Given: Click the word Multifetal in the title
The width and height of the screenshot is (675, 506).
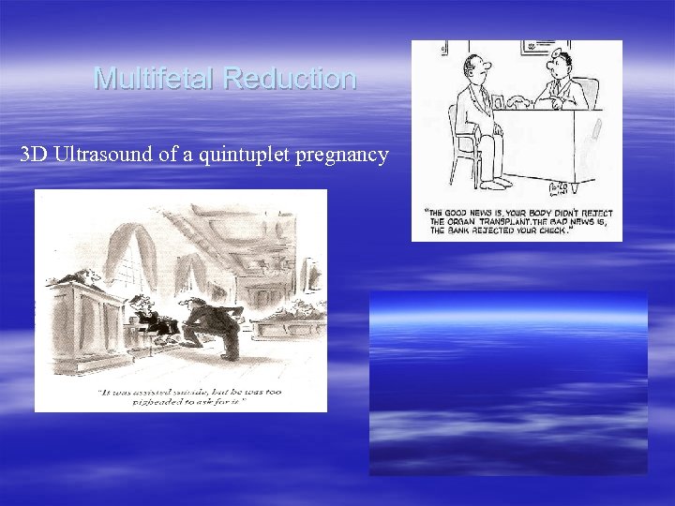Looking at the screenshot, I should [155, 78].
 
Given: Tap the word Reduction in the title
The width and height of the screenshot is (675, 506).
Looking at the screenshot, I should [290, 78].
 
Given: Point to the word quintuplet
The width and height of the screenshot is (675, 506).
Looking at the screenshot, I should [242, 155].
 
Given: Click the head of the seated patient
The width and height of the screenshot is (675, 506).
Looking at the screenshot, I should [478, 67].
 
